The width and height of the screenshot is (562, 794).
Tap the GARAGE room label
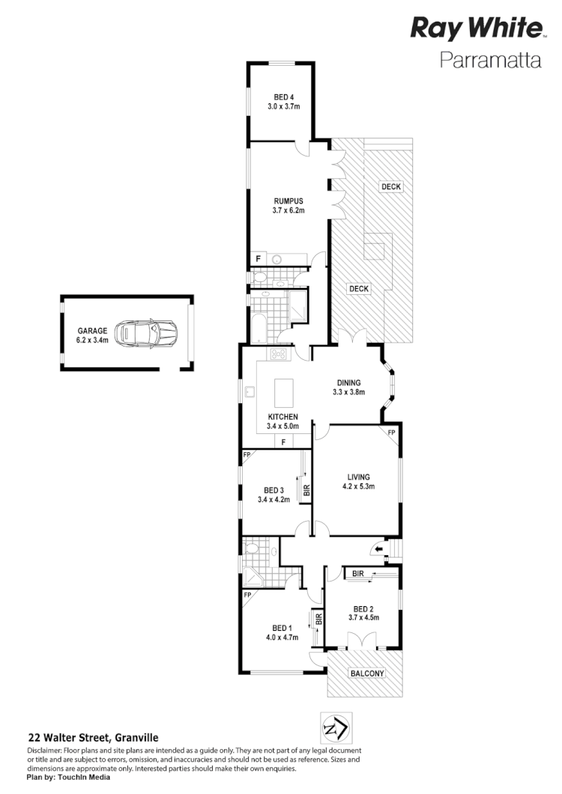point(92,330)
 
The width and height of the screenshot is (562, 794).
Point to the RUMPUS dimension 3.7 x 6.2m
point(288,210)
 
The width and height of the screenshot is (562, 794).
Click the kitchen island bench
point(283,392)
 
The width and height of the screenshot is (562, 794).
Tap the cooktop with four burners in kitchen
point(280,354)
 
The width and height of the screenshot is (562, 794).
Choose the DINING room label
point(348,382)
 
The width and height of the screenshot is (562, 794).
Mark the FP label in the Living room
point(391,433)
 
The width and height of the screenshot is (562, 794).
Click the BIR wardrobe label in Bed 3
point(306,491)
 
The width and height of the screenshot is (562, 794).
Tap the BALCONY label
point(367,674)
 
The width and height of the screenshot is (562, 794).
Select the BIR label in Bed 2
point(357,573)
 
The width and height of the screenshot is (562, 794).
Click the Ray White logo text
point(476,28)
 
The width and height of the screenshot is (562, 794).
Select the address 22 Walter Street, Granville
point(93,738)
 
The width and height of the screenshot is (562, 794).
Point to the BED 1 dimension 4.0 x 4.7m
point(282,638)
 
